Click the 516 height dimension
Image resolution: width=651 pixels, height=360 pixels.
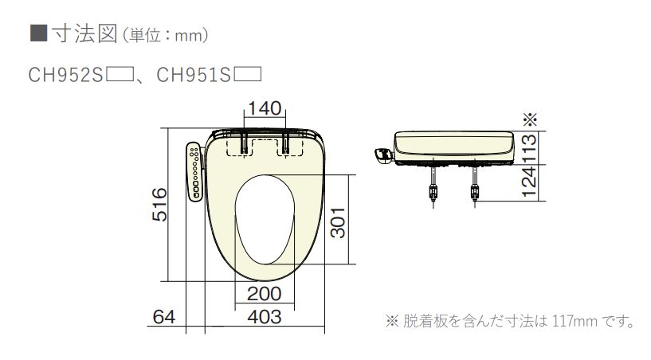(x=159, y=205)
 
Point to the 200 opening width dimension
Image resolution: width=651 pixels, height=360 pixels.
(x=264, y=294)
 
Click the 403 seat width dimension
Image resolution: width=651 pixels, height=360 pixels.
(x=264, y=317)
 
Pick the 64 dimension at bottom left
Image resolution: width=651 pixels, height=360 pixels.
(x=163, y=317)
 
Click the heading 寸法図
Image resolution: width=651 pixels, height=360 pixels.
(x=75, y=34)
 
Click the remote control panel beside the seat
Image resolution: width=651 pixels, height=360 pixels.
(x=194, y=171)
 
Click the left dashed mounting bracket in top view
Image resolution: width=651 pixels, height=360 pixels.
(x=237, y=145)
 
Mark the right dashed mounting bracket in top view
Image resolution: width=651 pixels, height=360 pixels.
(x=288, y=145)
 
